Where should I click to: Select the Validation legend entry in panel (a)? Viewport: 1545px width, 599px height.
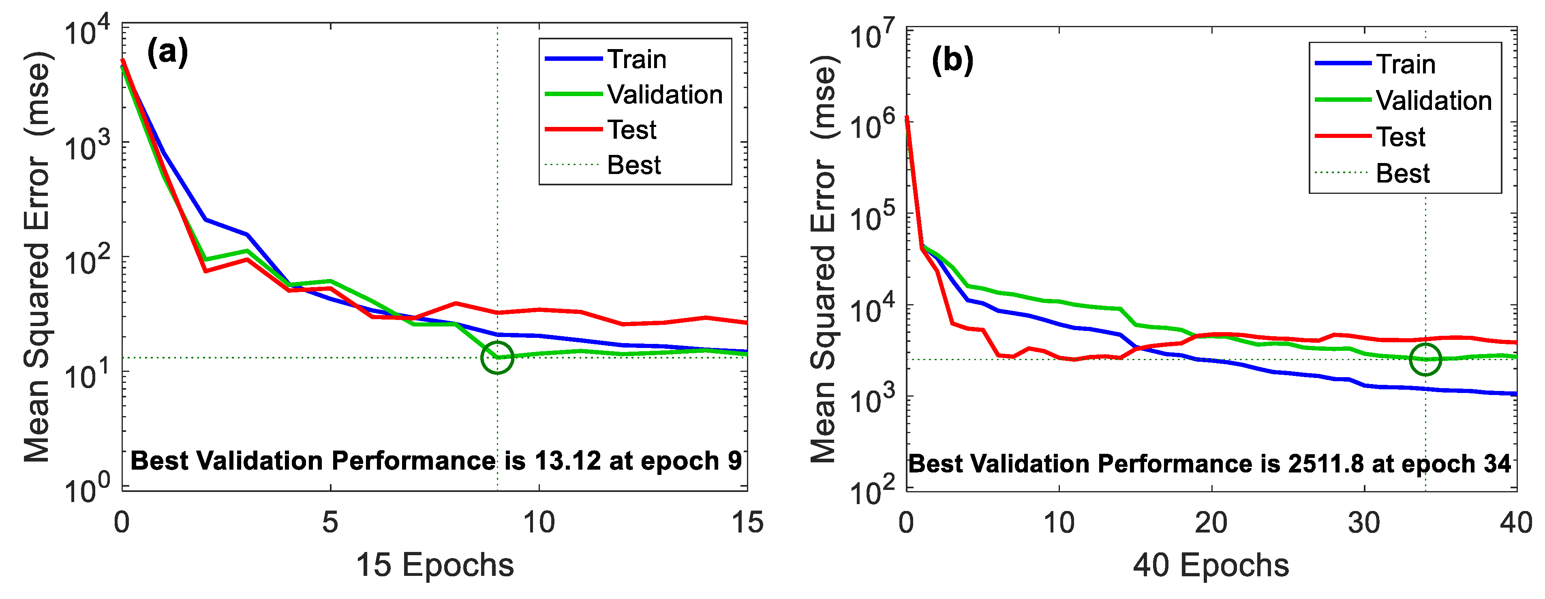click(634, 94)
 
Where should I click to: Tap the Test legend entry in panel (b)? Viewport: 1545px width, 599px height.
click(1370, 137)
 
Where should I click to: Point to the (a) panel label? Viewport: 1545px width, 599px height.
click(167, 53)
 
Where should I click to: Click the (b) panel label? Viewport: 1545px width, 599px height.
click(952, 60)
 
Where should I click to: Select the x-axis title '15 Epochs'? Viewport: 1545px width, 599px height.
click(435, 565)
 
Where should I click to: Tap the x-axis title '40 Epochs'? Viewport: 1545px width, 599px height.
click(1211, 565)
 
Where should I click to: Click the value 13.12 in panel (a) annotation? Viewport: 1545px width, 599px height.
click(567, 461)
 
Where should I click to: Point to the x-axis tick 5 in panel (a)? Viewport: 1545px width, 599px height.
click(330, 523)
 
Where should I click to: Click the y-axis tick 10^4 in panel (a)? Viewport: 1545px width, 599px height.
click(88, 31)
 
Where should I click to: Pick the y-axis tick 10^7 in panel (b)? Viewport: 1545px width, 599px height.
click(873, 35)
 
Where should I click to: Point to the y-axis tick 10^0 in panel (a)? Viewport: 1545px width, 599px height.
click(88, 489)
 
